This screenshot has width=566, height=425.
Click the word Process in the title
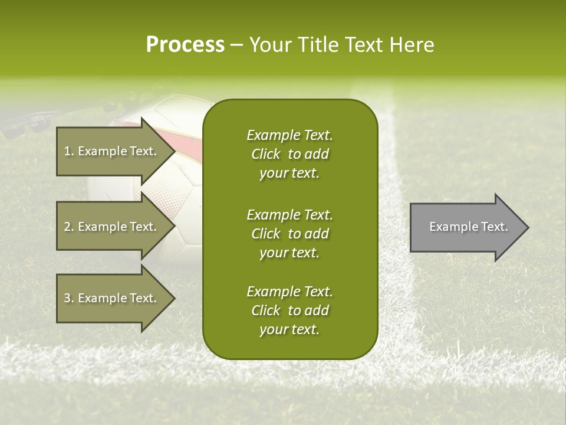tap(185, 45)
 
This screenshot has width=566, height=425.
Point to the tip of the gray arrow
tap(528, 227)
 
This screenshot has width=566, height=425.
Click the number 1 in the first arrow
tap(67, 151)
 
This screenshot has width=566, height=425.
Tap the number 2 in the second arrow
tap(67, 227)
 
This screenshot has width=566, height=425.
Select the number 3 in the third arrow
tap(67, 298)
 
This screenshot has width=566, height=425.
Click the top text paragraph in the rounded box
tap(289, 154)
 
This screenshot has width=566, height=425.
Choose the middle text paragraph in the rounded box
tap(289, 233)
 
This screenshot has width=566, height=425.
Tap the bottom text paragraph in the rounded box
tap(289, 310)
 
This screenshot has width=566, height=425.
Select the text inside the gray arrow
tap(469, 227)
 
